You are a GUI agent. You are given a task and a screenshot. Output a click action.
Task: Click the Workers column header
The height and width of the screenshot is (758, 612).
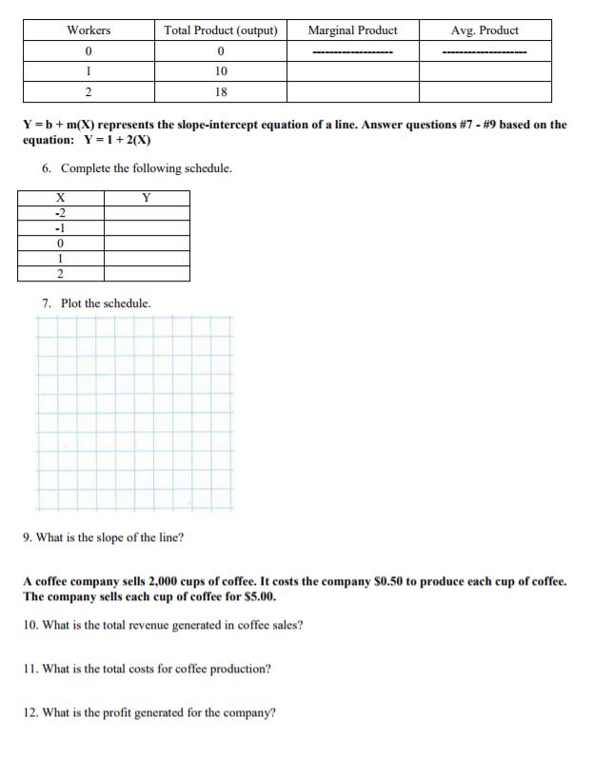89,30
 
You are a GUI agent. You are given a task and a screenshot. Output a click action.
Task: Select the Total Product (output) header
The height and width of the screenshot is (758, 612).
221,30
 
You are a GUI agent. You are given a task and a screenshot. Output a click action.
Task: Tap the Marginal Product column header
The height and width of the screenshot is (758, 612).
352,30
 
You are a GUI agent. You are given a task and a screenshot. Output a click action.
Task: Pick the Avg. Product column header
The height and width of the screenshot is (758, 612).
484,30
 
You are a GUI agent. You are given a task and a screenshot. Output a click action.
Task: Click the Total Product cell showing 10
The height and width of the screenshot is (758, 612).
221,71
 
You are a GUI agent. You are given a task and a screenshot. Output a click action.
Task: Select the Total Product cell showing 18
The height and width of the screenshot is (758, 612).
221,92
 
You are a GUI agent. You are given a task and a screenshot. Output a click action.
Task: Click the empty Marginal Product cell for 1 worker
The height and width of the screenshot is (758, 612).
352,71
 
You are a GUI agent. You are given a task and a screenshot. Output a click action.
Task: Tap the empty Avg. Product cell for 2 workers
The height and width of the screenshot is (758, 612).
484,92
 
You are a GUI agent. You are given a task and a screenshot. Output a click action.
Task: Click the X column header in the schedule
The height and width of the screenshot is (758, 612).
60,198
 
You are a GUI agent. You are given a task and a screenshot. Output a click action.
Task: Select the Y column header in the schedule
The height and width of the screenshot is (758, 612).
147,198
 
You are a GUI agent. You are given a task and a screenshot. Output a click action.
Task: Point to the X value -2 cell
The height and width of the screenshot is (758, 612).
60,213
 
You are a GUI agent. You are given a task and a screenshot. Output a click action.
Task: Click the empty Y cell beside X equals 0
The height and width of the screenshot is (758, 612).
147,243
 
